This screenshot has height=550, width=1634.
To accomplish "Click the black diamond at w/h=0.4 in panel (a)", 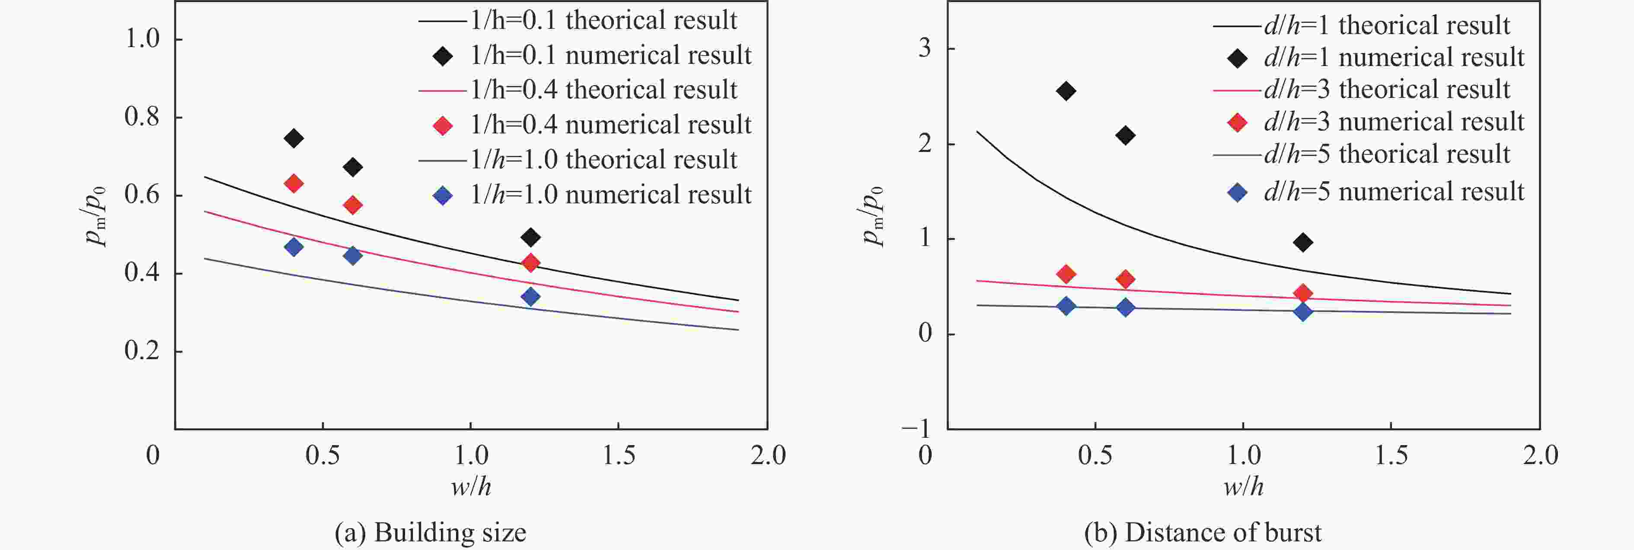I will (293, 138).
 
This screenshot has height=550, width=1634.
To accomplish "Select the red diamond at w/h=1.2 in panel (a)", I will (530, 262).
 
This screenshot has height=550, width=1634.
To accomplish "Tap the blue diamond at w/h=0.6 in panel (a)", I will (353, 256).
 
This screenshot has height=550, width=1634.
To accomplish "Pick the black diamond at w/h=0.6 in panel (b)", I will (1125, 135).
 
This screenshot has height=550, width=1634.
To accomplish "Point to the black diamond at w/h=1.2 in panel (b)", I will (1303, 242).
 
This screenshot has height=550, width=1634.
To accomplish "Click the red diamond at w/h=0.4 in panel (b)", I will (1066, 274).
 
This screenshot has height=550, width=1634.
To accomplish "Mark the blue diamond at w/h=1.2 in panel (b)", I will (1303, 311).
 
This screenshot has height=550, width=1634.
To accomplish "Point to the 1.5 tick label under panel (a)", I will (619, 455).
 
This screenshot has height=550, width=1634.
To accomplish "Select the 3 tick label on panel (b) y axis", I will (925, 48).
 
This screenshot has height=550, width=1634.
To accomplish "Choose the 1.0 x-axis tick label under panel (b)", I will (1243, 455).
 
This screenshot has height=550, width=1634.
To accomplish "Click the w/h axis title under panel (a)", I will (471, 487).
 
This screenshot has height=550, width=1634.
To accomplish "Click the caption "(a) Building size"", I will (430, 532).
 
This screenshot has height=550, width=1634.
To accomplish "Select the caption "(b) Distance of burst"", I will (1203, 532).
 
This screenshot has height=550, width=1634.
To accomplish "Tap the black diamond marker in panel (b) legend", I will (1237, 59).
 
